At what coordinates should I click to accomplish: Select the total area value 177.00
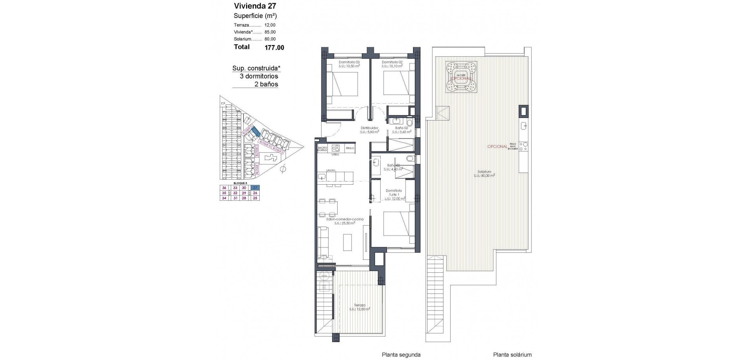click(x=274, y=48)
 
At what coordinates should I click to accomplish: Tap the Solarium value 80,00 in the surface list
click(x=270, y=39)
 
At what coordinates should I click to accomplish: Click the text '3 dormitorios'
click(x=259, y=76)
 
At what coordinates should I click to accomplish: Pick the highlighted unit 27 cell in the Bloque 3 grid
click(x=255, y=188)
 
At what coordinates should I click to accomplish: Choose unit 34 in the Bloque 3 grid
click(x=224, y=198)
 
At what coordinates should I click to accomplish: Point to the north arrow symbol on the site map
click(x=284, y=169)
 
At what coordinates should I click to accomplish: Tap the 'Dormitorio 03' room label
click(x=349, y=62)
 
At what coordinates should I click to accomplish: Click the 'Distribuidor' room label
click(x=369, y=128)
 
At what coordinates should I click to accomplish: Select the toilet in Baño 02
click(x=409, y=122)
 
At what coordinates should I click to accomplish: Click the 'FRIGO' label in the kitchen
click(x=350, y=148)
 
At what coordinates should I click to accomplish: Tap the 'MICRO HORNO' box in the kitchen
click(x=322, y=149)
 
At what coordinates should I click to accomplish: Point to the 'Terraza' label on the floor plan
click(x=359, y=305)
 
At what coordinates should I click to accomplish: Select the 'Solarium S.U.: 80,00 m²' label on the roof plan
click(x=484, y=173)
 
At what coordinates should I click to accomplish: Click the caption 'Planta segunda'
click(x=401, y=355)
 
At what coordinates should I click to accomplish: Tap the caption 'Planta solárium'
click(x=512, y=355)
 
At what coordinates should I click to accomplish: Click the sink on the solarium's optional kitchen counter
click(x=523, y=126)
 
